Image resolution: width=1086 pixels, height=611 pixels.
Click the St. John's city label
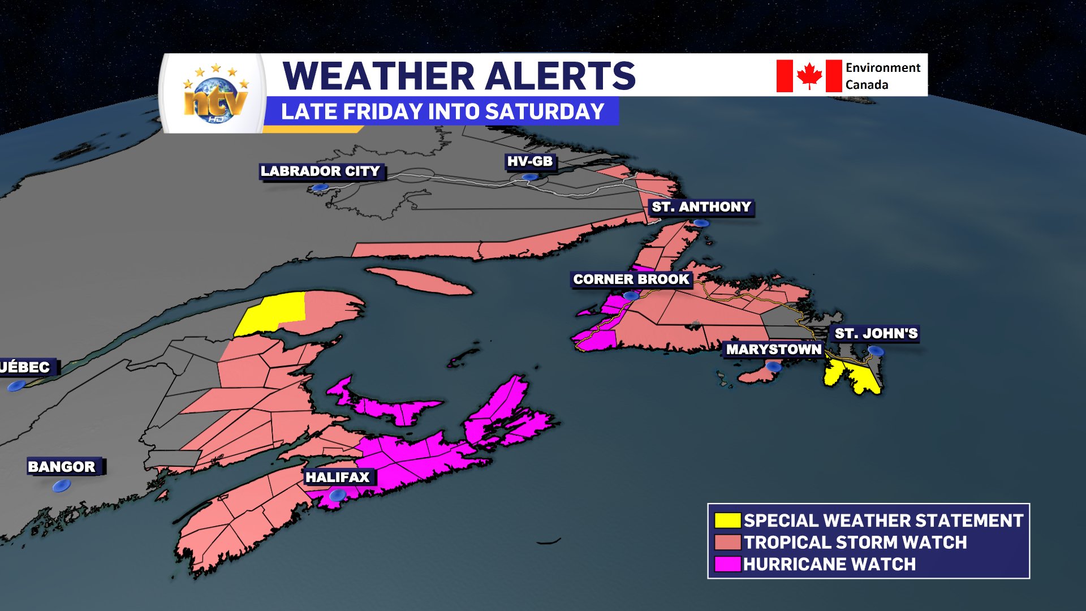tap(876, 334)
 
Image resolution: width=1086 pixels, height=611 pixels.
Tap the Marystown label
tap(773, 350)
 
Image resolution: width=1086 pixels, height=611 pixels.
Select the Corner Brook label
tap(631, 279)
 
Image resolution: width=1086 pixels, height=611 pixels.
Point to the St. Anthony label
tap(701, 207)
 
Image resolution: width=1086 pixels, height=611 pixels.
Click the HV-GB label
tap(529, 162)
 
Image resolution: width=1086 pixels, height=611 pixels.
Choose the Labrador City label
tap(320, 171)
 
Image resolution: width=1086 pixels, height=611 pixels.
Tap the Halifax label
tap(338, 477)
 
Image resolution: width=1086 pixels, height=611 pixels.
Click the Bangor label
tap(62, 467)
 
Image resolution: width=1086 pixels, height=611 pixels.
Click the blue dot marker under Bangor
tap(62, 485)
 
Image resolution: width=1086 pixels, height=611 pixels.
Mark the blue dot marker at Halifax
tap(338, 496)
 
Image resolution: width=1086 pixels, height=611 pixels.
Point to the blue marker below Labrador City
tap(320, 187)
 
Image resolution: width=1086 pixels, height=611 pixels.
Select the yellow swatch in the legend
tap(727, 520)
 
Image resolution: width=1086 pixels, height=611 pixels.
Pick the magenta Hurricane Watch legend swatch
tap(727, 564)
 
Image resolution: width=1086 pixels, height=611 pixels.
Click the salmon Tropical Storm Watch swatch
tap(727, 543)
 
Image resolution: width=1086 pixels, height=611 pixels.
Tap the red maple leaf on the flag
tap(809, 76)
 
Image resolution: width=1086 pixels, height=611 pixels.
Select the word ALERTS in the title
tap(560, 76)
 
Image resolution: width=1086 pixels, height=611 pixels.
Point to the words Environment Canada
tap(882, 76)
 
